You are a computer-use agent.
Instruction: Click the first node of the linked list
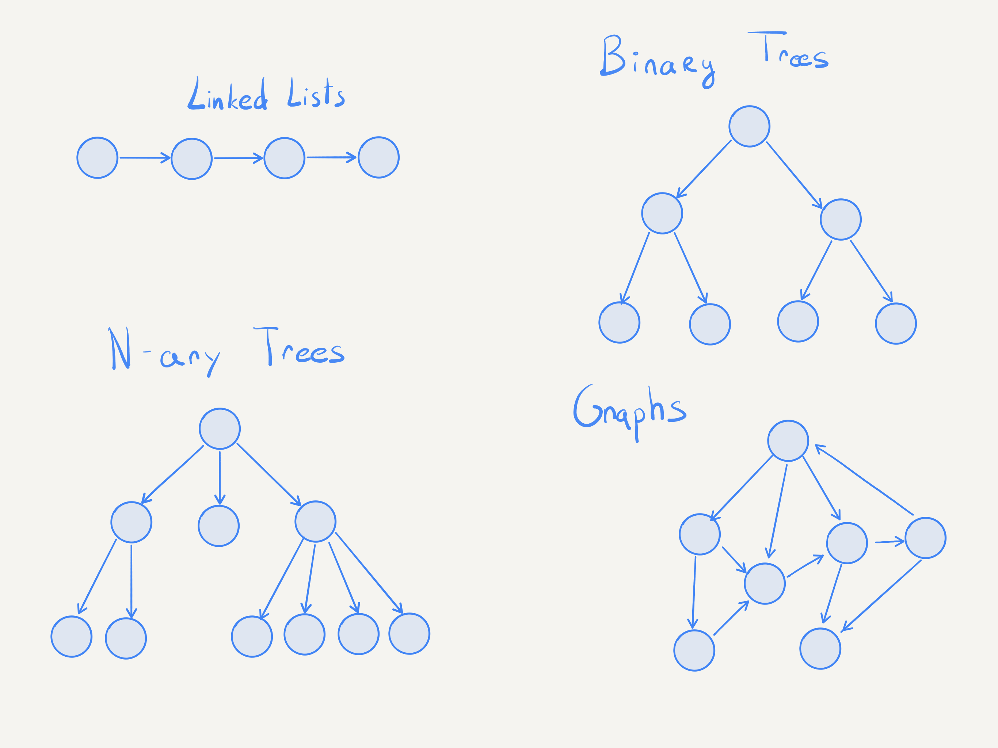point(98,158)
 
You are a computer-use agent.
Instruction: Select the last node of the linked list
point(378,157)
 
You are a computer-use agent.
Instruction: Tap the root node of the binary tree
point(749,126)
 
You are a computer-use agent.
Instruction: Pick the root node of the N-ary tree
point(220,428)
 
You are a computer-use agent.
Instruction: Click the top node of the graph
point(788,441)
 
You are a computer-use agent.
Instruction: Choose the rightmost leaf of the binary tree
point(896,324)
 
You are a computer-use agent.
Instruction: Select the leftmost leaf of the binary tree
point(620,323)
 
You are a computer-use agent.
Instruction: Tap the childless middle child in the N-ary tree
point(219,526)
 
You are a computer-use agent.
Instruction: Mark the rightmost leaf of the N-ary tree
point(409,633)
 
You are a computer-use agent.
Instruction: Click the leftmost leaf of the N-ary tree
point(72,637)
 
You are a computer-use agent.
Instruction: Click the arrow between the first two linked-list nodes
point(144,158)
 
